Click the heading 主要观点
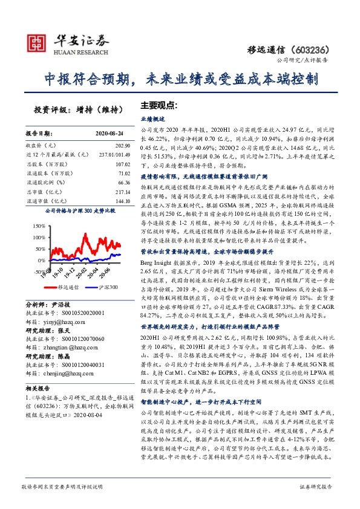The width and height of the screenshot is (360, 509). click(x=159, y=105)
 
